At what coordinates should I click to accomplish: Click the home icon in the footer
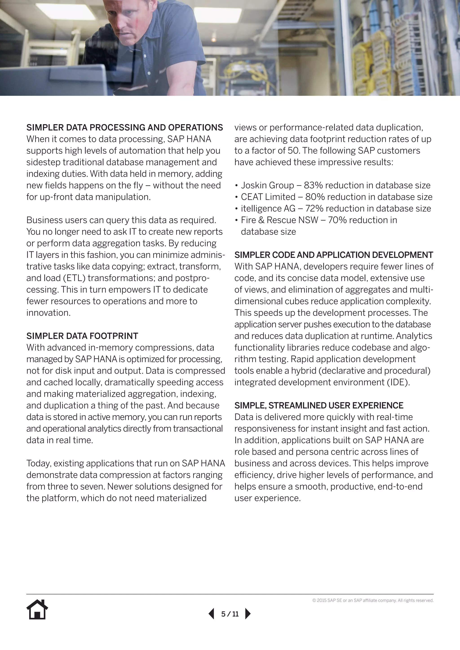tap(37, 609)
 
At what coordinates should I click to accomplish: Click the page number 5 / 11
tap(230, 614)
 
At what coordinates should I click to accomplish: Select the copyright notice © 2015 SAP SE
tap(373, 600)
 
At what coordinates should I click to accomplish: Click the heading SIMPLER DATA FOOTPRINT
tap(82, 336)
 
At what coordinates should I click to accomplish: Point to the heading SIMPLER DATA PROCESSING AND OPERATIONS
tap(125, 128)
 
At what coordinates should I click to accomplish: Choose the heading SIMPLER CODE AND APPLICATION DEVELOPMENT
tap(334, 255)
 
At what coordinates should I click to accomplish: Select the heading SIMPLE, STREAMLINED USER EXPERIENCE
tap(319, 405)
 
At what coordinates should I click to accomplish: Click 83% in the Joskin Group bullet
tap(313, 185)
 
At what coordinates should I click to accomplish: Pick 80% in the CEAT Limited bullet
tap(315, 197)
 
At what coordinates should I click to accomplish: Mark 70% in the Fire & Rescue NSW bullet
tap(337, 220)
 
